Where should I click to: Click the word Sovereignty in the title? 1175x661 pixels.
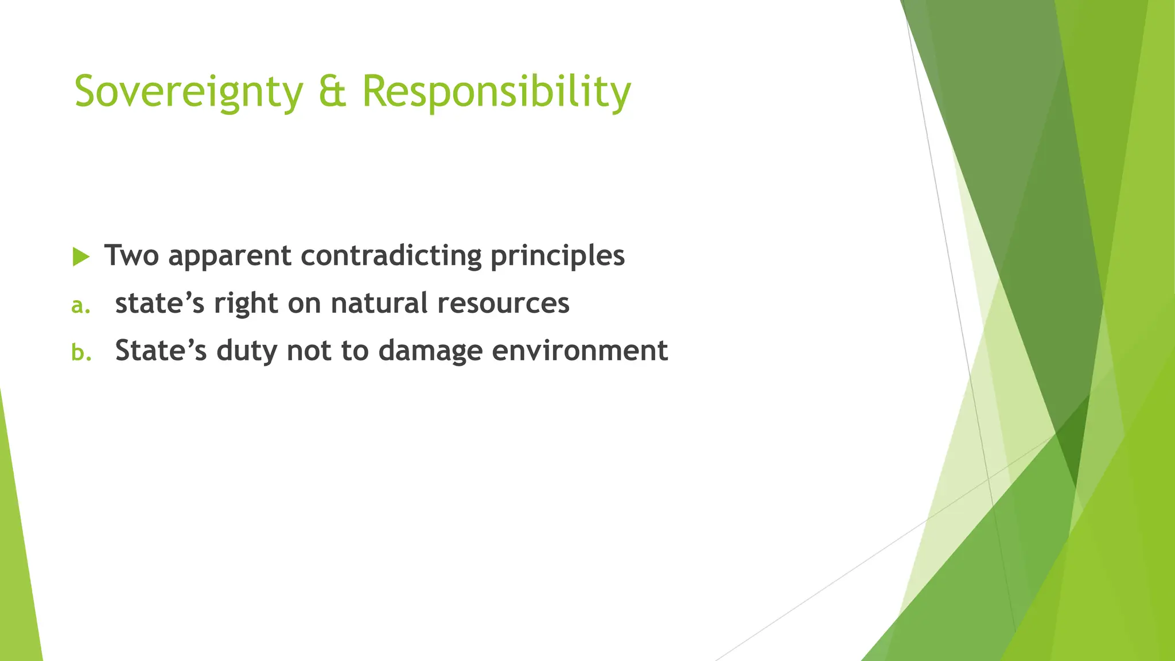[x=188, y=92]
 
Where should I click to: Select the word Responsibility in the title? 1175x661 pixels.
[x=496, y=92]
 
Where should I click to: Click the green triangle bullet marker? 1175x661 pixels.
[x=81, y=257]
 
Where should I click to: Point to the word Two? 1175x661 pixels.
[x=131, y=255]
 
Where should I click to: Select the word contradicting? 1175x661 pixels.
[x=391, y=256]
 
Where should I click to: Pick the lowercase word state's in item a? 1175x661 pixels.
[x=159, y=303]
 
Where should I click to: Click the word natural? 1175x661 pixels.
[x=379, y=303]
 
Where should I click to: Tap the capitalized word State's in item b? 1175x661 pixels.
[x=161, y=351]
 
